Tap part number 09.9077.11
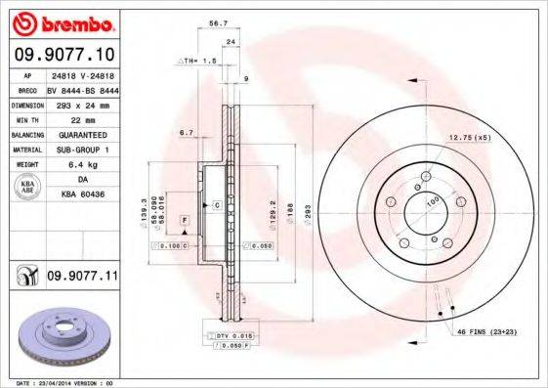point(81,277)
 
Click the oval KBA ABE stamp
point(27,189)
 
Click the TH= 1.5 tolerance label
point(195,61)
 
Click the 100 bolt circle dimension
point(431,202)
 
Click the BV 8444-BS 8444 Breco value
point(81,88)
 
